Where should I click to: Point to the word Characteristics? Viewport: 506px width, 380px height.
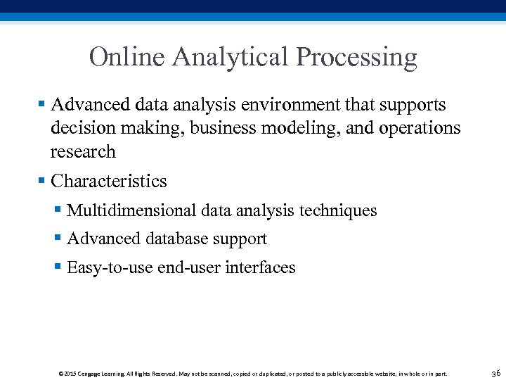(x=109, y=182)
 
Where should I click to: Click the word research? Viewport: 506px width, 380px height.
(x=83, y=151)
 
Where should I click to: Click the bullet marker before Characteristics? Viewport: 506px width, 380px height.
(x=42, y=182)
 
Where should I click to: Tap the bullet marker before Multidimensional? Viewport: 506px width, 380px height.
(x=58, y=210)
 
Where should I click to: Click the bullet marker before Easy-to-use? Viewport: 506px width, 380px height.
(x=58, y=267)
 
